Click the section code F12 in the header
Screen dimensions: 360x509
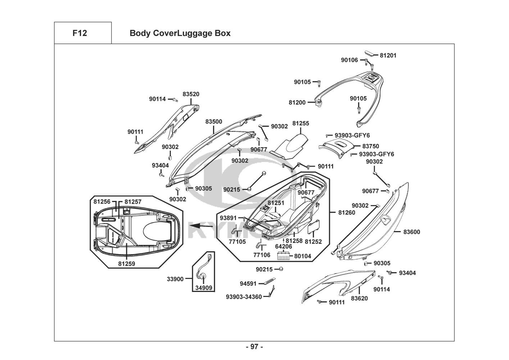click(79, 33)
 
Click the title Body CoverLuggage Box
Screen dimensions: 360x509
click(180, 33)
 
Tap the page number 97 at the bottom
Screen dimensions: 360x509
click(254, 347)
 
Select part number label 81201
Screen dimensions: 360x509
click(388, 55)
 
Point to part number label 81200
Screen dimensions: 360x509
click(297, 102)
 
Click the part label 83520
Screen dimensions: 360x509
click(191, 94)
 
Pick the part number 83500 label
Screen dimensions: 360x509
click(214, 122)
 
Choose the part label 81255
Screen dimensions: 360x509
click(301, 123)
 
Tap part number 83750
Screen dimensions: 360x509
click(371, 147)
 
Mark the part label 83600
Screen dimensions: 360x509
click(412, 232)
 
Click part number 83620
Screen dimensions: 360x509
click(359, 298)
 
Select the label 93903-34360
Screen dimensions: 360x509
click(244, 297)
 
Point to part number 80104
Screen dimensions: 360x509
click(303, 256)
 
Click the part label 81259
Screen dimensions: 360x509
click(127, 264)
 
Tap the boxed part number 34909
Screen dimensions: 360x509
click(204, 288)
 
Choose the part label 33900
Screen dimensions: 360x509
click(175, 279)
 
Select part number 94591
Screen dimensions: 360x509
click(248, 284)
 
